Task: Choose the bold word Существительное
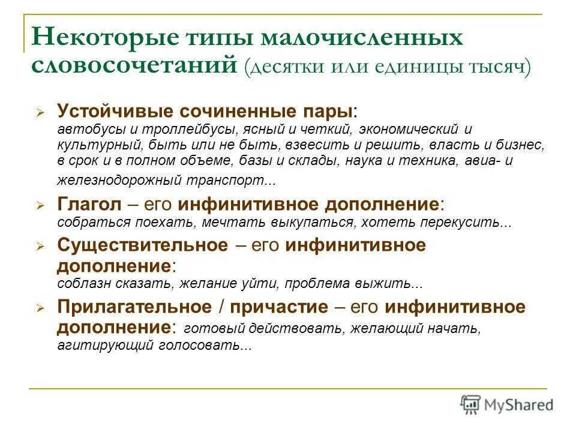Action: [143, 245]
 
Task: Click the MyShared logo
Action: [508, 404]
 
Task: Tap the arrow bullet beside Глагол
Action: [40, 205]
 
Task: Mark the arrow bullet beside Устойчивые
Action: [40, 113]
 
